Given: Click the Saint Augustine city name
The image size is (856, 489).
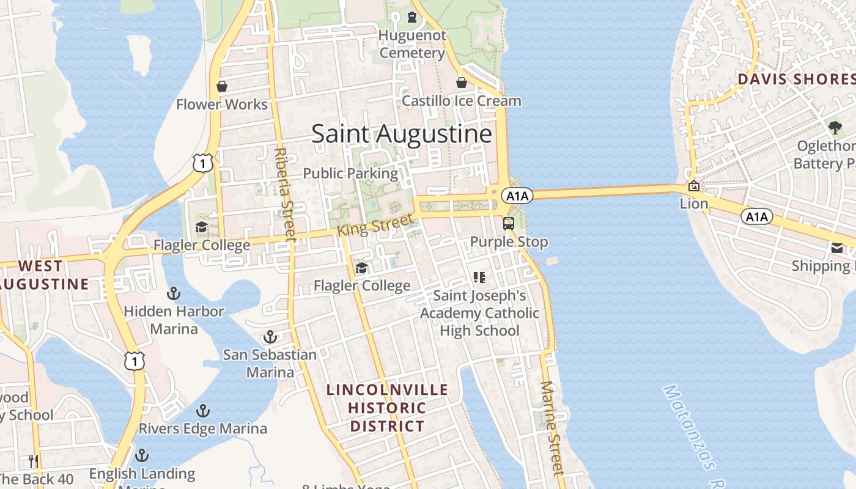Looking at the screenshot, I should (x=402, y=134).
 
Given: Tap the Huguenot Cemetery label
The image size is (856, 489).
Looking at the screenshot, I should (x=412, y=44).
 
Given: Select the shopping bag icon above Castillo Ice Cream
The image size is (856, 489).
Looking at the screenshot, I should (x=462, y=82).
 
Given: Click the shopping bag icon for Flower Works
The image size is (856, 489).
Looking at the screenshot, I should (x=222, y=86).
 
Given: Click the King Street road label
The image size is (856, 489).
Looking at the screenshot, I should (x=375, y=226).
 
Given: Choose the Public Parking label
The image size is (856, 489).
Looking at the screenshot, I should (x=350, y=173).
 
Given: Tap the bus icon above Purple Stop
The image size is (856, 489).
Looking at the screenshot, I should (x=509, y=224).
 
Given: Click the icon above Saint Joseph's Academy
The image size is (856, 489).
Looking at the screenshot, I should (x=479, y=278).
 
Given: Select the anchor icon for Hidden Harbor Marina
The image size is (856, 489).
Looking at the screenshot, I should (x=174, y=294).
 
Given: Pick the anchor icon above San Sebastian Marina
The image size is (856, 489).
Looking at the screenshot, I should (x=270, y=337).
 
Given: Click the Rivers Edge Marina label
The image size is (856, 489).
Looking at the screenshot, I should (x=203, y=428).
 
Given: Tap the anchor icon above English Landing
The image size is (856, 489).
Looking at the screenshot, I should (x=142, y=455).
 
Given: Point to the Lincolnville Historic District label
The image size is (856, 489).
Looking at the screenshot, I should (x=387, y=408).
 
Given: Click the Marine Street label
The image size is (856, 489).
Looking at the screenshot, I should (x=552, y=428).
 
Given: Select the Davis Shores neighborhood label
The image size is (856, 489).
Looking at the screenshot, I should (x=795, y=79).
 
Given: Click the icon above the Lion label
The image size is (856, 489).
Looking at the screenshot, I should (x=694, y=186).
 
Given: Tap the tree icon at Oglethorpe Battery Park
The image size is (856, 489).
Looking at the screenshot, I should (x=835, y=128).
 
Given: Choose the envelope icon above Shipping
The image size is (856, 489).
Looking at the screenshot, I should (x=837, y=248).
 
